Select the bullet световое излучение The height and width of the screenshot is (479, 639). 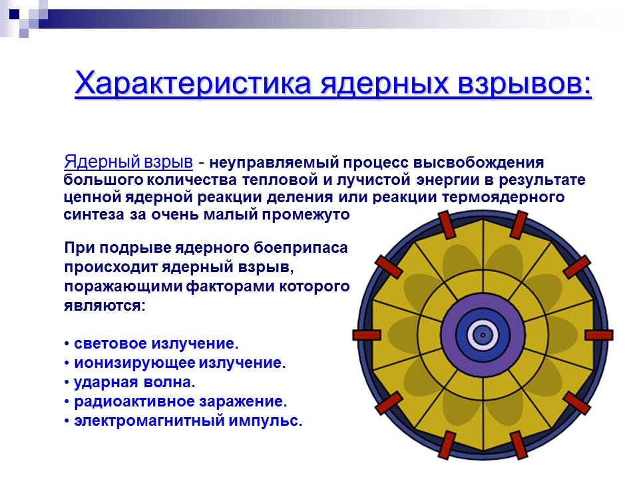tap(155, 344)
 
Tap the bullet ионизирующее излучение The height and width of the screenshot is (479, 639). tap(178, 363)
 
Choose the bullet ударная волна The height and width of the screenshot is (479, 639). tap(134, 383)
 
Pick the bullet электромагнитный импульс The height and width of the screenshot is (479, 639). tap(187, 421)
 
